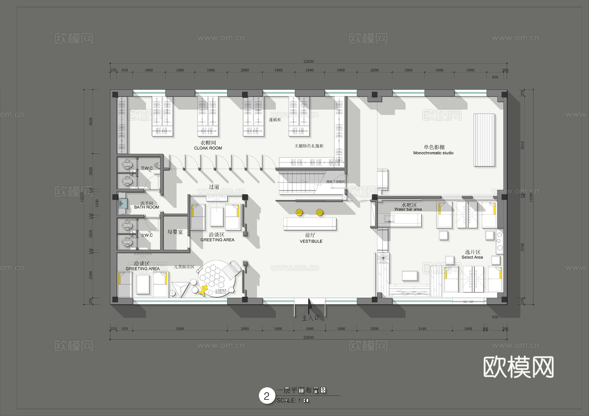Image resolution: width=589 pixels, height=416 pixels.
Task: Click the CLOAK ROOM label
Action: tap(208, 148)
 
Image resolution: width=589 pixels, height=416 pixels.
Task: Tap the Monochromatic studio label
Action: tap(433, 153)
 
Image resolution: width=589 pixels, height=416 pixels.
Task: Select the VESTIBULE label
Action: tap(311, 241)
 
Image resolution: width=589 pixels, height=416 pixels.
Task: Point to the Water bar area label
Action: tap(408, 209)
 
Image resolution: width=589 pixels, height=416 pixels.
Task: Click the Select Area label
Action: tap(472, 257)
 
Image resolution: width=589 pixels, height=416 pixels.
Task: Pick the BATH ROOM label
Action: tap(146, 207)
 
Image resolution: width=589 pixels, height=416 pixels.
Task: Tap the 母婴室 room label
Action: tap(175, 232)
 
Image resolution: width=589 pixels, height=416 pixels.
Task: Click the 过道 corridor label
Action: tap(214, 187)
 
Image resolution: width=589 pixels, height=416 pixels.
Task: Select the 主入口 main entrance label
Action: tap(310, 318)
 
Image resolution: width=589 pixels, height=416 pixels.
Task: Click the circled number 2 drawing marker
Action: tap(267, 396)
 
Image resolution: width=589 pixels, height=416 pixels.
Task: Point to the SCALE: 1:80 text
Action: tap(293, 400)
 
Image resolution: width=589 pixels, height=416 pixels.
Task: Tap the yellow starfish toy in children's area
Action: tap(204, 290)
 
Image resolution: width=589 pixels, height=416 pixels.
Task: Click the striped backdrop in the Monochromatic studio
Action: tap(484, 140)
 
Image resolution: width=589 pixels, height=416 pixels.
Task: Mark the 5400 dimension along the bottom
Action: tap(180, 329)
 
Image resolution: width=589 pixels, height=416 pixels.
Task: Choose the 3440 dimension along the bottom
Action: tap(422, 329)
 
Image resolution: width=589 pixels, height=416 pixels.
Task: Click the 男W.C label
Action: tap(147, 168)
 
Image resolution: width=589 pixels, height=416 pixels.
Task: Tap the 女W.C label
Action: tap(147, 235)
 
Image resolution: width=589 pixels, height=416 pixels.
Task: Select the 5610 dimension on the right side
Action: tap(522, 145)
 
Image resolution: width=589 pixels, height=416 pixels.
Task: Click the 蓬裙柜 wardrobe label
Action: tap(275, 120)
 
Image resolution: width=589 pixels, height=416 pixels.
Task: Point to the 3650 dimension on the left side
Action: tap(91, 122)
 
